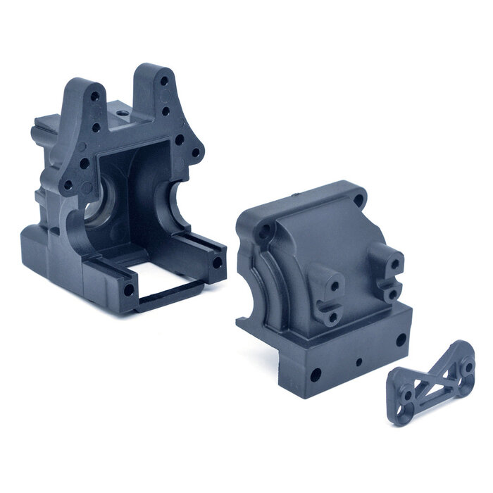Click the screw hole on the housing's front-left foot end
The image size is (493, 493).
[x=130, y=289]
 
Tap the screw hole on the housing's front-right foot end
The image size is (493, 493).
[x=216, y=262]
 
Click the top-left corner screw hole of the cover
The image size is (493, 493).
[x=265, y=230]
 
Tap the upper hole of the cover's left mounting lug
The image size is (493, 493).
[x=333, y=285]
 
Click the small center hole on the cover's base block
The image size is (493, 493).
[x=360, y=361]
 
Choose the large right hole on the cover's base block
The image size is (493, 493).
[x=401, y=339]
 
